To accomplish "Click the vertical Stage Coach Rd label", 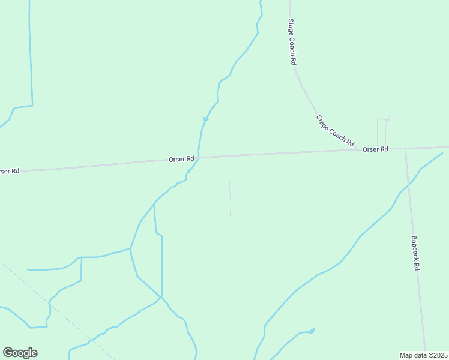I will (x=292, y=42).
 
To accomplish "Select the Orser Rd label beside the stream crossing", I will (x=181, y=159).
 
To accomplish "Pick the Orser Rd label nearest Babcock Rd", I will (x=375, y=149).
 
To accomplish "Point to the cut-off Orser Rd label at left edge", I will (x=10, y=171).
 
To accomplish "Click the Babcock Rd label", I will (x=415, y=252).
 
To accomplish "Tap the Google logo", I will (x=20, y=353).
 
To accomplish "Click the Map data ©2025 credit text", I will (x=423, y=355).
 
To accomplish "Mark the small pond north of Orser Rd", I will (x=205, y=119).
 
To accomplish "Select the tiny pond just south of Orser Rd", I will (x=189, y=172).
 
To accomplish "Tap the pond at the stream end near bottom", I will (x=312, y=331).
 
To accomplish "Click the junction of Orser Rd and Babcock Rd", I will (x=405, y=148).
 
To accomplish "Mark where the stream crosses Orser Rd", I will (x=199, y=158).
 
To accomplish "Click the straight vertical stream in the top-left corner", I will (x=30, y=54).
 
